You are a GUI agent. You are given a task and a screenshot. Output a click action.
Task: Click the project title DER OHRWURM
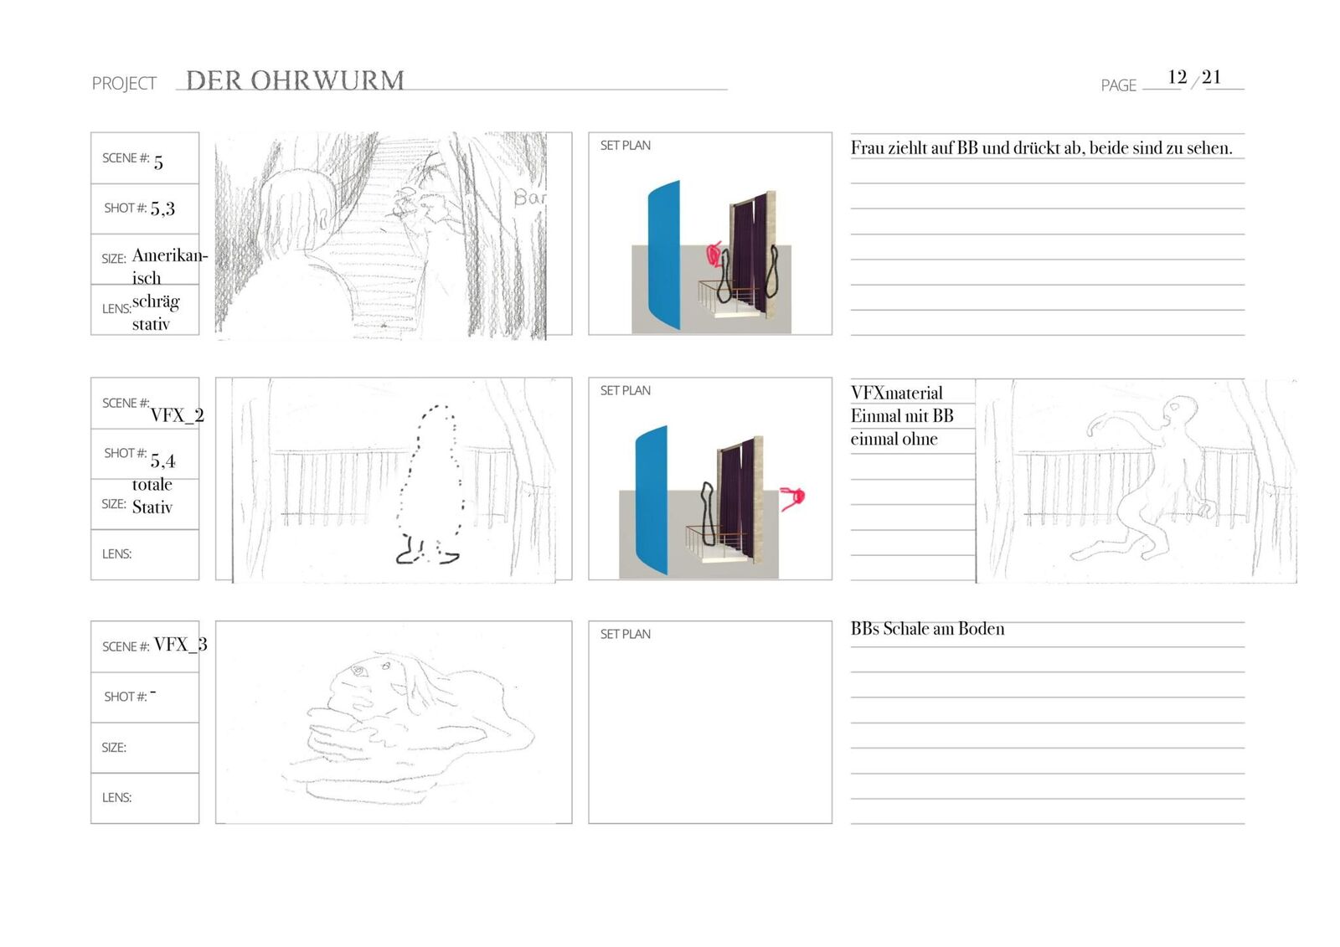click(295, 80)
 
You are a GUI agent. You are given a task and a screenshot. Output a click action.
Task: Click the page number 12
click(1177, 77)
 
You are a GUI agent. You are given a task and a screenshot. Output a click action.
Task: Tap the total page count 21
click(1211, 77)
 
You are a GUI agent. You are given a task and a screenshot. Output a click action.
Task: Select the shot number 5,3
click(162, 208)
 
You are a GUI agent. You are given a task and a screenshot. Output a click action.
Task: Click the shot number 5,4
click(162, 461)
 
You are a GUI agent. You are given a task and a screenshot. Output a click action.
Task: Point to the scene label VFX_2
click(177, 415)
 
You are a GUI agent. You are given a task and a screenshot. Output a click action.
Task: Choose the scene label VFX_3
click(180, 644)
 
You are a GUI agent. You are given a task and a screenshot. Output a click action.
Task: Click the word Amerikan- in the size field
click(169, 255)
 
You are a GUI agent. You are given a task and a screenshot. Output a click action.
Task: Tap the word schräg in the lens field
click(156, 301)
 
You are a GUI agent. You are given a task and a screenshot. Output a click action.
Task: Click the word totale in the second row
click(152, 484)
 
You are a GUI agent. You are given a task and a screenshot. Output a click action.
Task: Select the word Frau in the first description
click(867, 148)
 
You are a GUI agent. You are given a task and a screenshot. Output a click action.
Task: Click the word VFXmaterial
click(896, 393)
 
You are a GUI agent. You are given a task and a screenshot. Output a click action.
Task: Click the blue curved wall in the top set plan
click(663, 255)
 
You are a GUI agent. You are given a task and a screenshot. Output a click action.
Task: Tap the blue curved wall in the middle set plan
click(652, 501)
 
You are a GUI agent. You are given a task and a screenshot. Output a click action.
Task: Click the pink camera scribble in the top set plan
click(714, 253)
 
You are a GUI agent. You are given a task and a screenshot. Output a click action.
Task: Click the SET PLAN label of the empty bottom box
click(625, 634)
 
